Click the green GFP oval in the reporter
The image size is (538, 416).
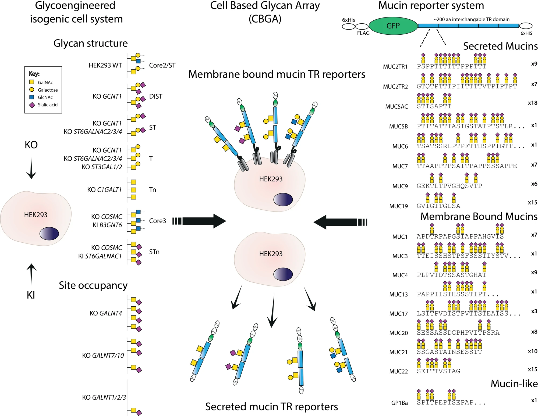coord(393,26)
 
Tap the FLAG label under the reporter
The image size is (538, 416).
coord(363,33)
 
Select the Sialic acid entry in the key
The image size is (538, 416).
coord(47,105)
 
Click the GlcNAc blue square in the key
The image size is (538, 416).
coord(32,97)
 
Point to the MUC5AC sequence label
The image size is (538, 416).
coord(396,107)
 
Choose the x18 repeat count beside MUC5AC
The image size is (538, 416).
coord(532,103)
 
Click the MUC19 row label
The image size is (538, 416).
coord(398,206)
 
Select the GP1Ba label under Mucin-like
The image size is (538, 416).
coord(399,403)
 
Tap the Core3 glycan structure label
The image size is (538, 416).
coord(157,221)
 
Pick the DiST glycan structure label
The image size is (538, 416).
coord(156,96)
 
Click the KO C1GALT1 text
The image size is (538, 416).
coord(104,190)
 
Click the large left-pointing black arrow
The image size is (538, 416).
coord(336,222)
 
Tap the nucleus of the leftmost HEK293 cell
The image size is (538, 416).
coord(49,233)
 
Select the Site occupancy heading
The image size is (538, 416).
coord(93,285)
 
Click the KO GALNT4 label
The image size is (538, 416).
coord(106,313)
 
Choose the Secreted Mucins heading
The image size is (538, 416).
coord(500,46)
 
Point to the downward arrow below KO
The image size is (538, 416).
coord(31,168)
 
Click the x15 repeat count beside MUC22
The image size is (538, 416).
coord(532,369)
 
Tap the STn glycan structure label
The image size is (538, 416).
coord(154,252)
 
